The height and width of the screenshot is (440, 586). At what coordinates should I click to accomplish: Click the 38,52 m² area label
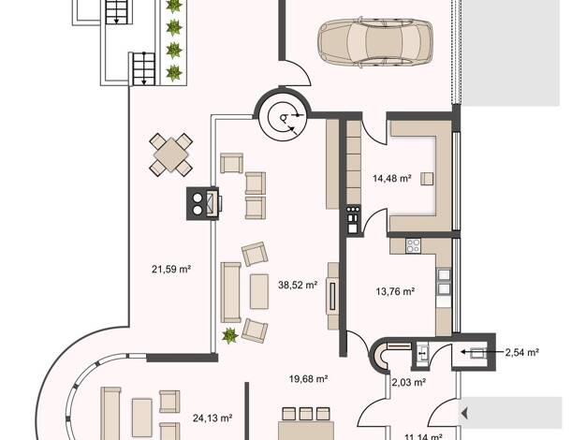[298, 286]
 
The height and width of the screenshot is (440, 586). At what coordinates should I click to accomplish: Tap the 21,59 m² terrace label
[171, 270]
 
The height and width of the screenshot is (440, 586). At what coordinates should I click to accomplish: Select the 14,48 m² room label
[392, 178]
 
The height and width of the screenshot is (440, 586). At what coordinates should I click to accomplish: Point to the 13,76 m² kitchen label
[395, 291]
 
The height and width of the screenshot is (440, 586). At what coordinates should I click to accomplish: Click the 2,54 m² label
[521, 352]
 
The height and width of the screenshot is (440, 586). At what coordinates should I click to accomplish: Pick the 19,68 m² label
[308, 379]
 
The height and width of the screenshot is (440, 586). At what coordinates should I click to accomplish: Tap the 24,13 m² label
[212, 418]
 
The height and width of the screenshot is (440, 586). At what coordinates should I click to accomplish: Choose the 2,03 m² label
[409, 382]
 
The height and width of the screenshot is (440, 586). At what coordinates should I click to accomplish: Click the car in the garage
[374, 42]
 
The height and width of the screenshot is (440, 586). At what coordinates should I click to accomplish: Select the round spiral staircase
[283, 116]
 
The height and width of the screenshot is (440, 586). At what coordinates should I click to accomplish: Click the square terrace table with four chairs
[170, 154]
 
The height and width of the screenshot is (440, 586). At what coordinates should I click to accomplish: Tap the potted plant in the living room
[229, 336]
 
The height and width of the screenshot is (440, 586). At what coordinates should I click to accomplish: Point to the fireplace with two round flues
[203, 203]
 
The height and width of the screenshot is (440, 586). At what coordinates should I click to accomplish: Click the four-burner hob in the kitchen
[413, 245]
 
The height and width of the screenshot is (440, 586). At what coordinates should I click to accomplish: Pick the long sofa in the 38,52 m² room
[230, 292]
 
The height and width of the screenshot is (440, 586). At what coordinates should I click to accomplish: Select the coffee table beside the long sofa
[259, 291]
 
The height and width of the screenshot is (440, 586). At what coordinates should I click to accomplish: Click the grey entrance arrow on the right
[464, 414]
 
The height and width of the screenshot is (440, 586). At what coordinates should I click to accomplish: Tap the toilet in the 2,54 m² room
[478, 353]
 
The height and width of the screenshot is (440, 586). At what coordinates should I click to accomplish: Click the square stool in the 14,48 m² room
[427, 179]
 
